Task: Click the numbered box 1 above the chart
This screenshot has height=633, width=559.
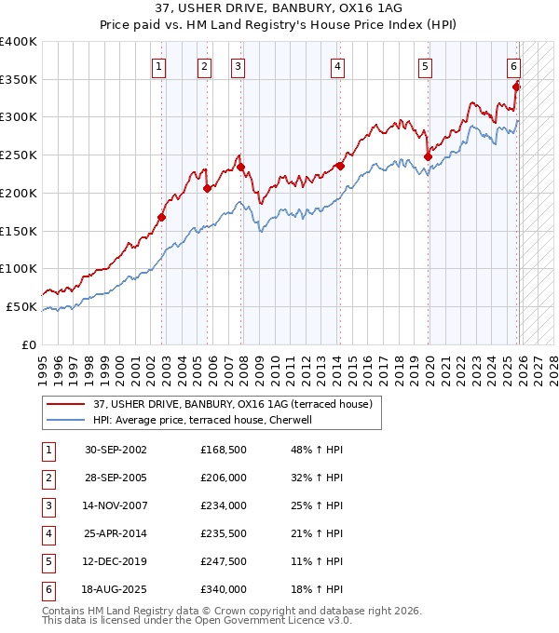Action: pyautogui.click(x=159, y=66)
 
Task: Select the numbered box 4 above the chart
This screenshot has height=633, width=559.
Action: pyautogui.click(x=336, y=66)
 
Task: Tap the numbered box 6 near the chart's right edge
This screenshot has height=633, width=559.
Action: pyautogui.click(x=513, y=66)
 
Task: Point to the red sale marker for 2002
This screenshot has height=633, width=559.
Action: pyautogui.click(x=161, y=217)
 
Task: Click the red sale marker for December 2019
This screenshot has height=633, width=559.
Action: pyautogui.click(x=428, y=156)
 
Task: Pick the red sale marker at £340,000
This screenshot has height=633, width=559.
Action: pyautogui.click(x=516, y=87)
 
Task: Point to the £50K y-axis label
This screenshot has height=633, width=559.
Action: pyautogui.click(x=22, y=306)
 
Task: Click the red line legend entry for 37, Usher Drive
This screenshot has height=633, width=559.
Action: pyautogui.click(x=233, y=404)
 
